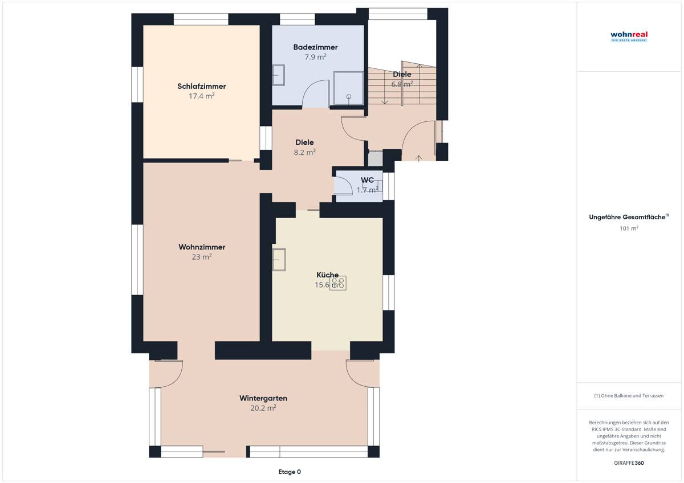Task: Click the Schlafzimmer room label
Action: [201, 87]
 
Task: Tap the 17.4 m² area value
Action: [201, 96]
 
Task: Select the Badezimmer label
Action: [315, 47]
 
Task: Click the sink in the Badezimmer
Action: [279, 75]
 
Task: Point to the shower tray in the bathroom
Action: [347, 88]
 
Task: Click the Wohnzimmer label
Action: [202, 247]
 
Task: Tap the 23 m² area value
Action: [202, 257]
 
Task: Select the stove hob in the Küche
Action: [339, 283]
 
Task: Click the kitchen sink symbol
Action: [279, 260]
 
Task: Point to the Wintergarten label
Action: [263, 398]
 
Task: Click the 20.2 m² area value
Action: [263, 408]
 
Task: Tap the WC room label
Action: [367, 180]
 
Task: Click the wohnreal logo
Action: [629, 36]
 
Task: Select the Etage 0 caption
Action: [289, 472]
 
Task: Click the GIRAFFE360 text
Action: [629, 463]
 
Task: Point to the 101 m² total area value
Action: [629, 228]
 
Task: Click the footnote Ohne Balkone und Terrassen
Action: [629, 395]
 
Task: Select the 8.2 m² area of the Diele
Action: [305, 152]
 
